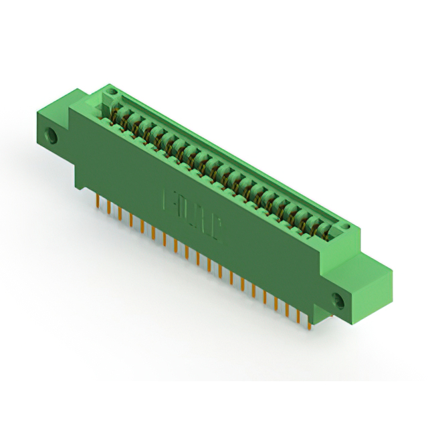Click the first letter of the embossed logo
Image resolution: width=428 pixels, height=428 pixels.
[169, 200]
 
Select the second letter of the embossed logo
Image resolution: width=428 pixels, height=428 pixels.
[184, 209]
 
